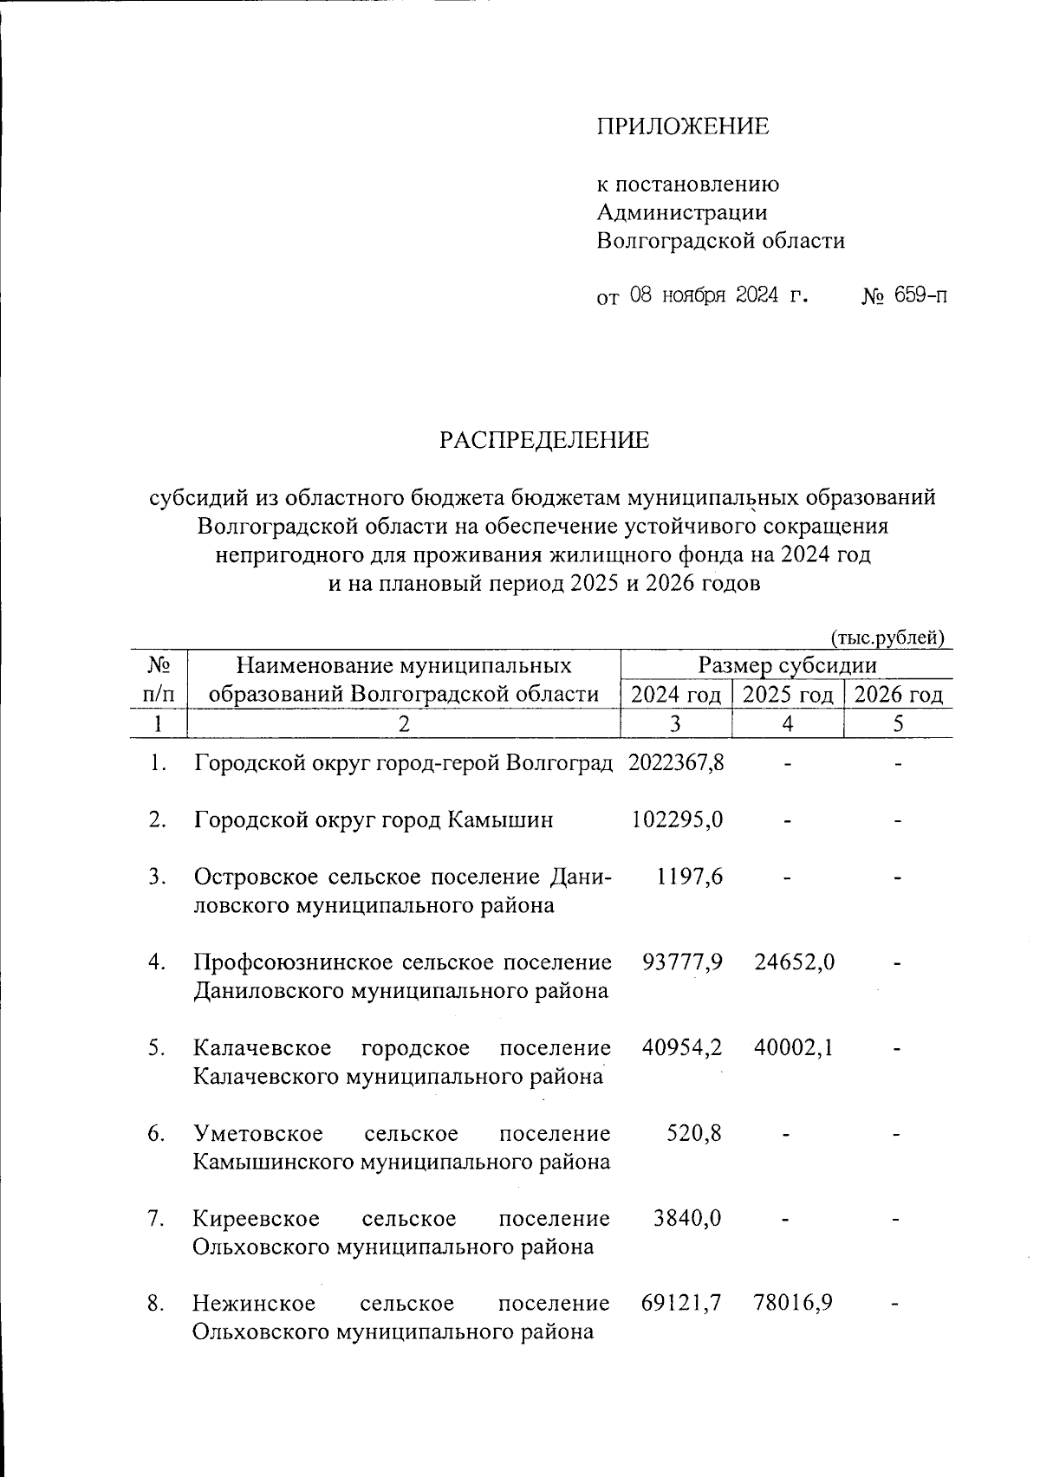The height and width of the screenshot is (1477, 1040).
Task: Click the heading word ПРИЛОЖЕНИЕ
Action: tap(682, 126)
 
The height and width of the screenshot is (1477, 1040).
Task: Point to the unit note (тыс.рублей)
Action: tap(887, 638)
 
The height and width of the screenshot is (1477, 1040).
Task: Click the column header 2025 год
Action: tap(788, 694)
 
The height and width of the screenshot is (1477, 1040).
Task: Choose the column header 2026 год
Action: tap(898, 694)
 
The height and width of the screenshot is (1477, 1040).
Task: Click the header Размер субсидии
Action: tap(787, 665)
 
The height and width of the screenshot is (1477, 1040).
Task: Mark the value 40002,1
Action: tap(794, 1047)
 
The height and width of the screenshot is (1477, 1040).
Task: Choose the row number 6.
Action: tap(156, 1132)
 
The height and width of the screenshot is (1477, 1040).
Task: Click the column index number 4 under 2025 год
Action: tap(787, 723)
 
